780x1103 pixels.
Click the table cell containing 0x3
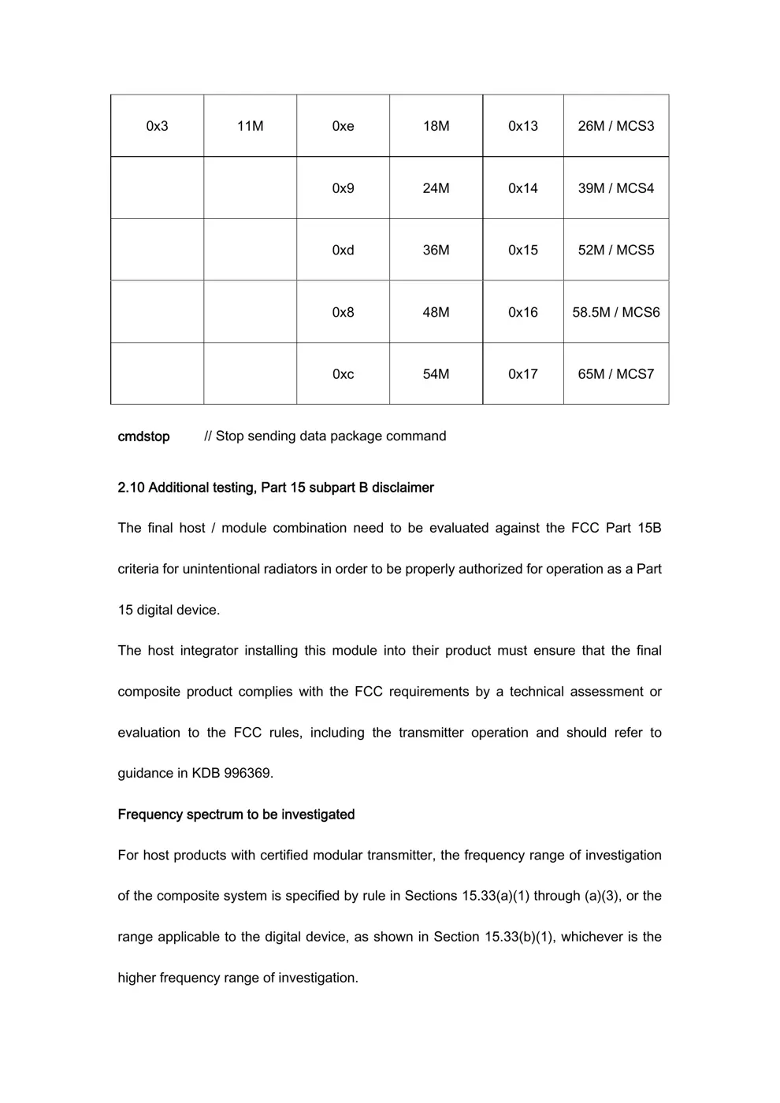[157, 126]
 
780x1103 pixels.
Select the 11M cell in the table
[250, 126]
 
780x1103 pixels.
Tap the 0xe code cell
[343, 126]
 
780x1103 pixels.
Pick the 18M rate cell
[436, 126]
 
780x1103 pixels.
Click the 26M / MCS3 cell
[615, 126]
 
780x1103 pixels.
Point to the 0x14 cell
[522, 188]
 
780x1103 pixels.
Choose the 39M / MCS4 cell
[615, 188]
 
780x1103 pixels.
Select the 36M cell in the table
[436, 250]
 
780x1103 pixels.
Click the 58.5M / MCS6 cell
[615, 312]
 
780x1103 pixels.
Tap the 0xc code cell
[343, 374]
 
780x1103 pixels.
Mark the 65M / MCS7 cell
[615, 374]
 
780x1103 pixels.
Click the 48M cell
[436, 312]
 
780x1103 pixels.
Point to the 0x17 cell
[522, 374]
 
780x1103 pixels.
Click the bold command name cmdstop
[143, 436]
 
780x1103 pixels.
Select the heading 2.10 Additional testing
[275, 488]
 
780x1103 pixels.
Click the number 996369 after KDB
[248, 774]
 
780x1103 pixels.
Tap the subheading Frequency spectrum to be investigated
[236, 815]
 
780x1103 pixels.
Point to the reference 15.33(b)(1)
[518, 937]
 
